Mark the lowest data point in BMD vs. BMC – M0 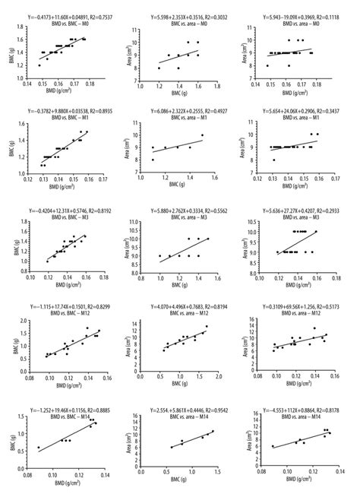[40, 65]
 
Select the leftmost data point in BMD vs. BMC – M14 [39, 448]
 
